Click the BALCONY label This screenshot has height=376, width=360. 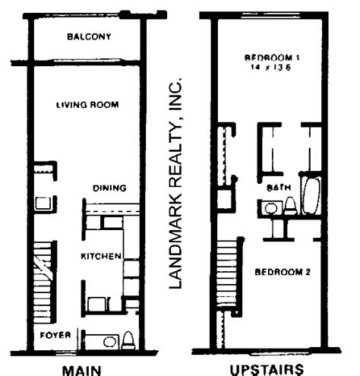[x=89, y=36]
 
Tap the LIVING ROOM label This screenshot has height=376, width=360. [x=87, y=105]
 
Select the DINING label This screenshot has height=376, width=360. [x=109, y=188]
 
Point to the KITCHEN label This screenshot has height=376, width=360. [x=101, y=256]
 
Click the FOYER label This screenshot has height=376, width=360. [x=55, y=335]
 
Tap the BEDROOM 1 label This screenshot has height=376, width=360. [x=272, y=58]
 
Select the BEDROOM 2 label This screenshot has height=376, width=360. [x=283, y=272]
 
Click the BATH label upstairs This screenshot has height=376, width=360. [x=279, y=188]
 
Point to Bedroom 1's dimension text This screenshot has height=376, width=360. [x=270, y=68]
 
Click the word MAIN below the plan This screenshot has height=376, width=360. [x=81, y=370]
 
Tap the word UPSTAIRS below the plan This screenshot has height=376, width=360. [x=267, y=370]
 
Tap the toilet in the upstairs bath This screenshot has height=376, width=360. [x=290, y=206]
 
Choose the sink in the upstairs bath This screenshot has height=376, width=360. [x=271, y=208]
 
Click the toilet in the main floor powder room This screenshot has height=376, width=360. [x=128, y=340]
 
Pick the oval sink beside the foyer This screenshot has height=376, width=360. [x=109, y=342]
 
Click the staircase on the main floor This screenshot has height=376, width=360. [x=43, y=282]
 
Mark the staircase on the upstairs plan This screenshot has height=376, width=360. [x=227, y=273]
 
